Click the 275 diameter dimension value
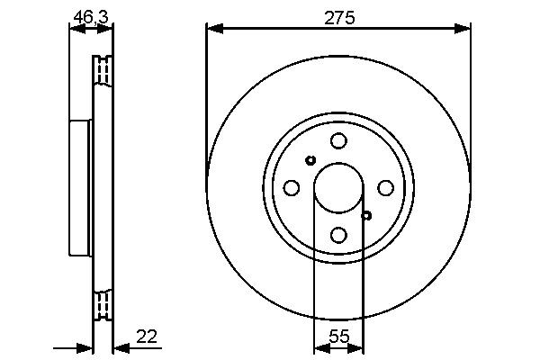338,16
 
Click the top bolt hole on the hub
338,140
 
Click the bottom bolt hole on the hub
338,235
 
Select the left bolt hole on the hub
292,187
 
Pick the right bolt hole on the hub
385,187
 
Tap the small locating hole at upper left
310,160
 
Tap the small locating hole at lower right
366,214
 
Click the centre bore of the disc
338,187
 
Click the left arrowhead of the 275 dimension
212,29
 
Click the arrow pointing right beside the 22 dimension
85,347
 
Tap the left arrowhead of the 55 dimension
319,347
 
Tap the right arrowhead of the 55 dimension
358,347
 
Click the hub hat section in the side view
80,187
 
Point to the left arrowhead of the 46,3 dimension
75,29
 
